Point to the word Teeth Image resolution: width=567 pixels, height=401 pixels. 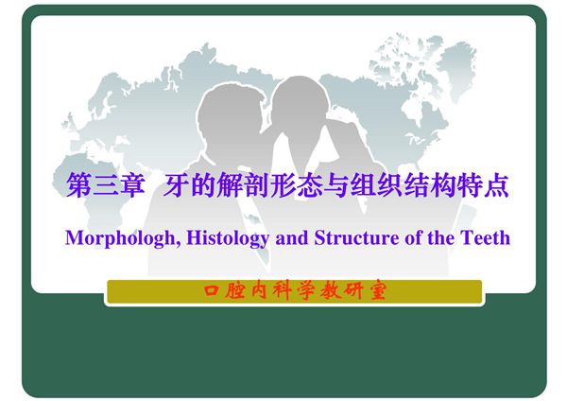tap(484, 237)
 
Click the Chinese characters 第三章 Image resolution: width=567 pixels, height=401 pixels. tap(103, 186)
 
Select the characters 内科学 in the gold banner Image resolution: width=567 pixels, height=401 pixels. tap(283, 290)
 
